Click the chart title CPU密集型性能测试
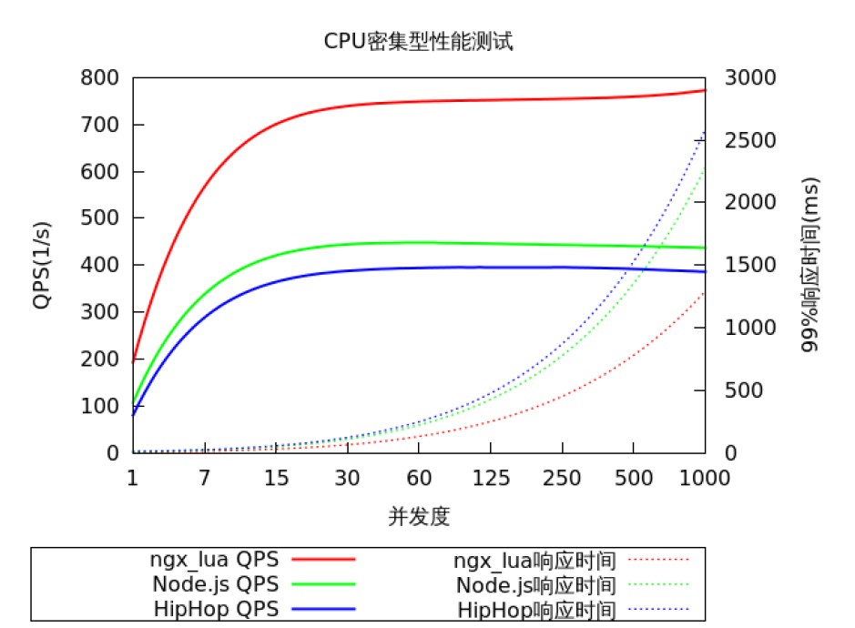pyautogui.click(x=419, y=41)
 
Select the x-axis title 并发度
pyautogui.click(x=419, y=517)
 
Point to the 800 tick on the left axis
pyautogui.click(x=101, y=78)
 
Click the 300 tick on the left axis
pyautogui.click(x=101, y=312)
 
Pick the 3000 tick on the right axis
pyautogui.click(x=751, y=78)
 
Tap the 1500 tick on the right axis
pyautogui.click(x=751, y=265)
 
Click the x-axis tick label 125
pyautogui.click(x=490, y=478)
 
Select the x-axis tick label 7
pyautogui.click(x=204, y=478)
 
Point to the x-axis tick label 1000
pyautogui.click(x=705, y=478)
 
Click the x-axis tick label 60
pyautogui.click(x=419, y=478)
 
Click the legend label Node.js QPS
pyautogui.click(x=215, y=584)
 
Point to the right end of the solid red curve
pyautogui.click(x=704, y=90)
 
